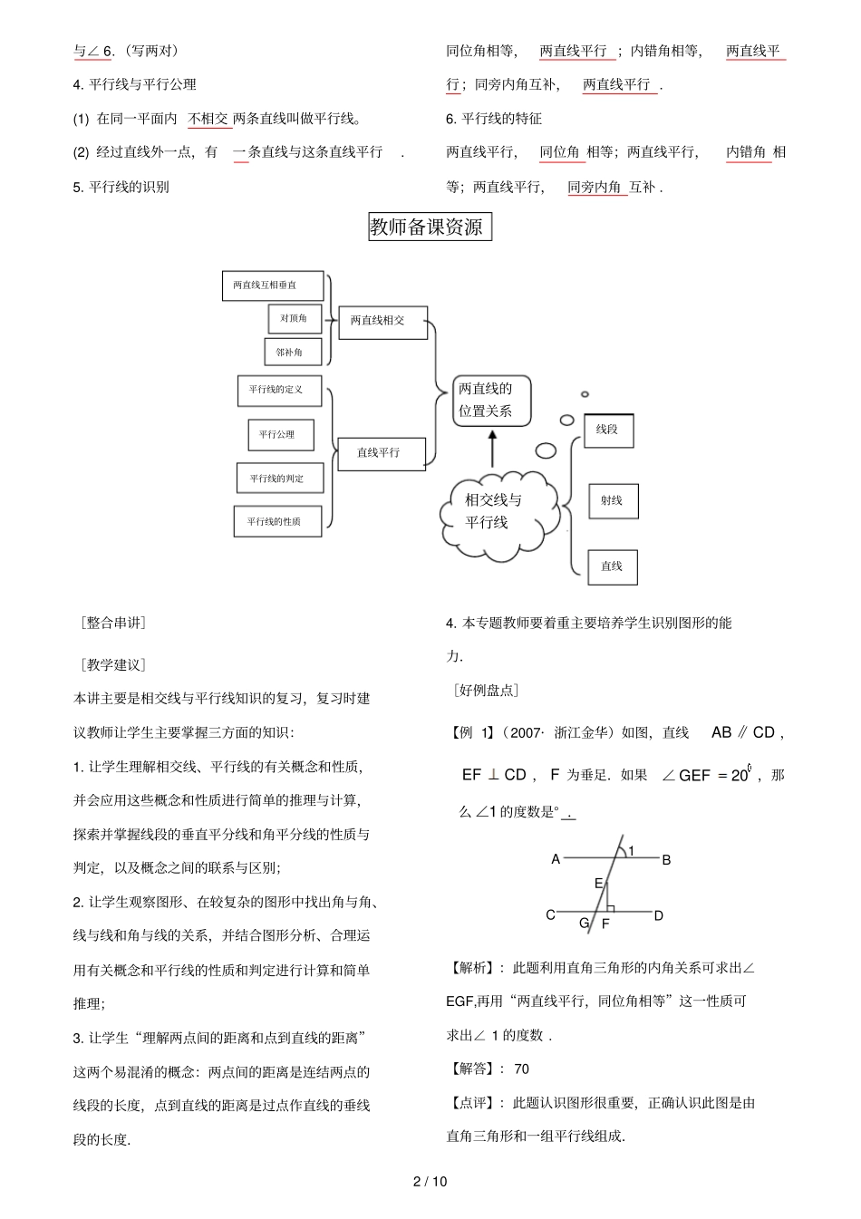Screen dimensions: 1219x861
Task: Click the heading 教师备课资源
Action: [x=429, y=227]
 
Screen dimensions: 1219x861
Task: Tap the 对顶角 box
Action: [x=295, y=319]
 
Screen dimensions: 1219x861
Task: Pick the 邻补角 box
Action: [x=289, y=353]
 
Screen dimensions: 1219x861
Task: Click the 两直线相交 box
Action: [x=382, y=321]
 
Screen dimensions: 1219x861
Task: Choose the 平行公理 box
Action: [x=281, y=435]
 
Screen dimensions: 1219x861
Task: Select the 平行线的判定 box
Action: [x=279, y=479]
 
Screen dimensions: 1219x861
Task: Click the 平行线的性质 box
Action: [x=277, y=522]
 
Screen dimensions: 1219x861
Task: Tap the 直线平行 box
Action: [x=381, y=453]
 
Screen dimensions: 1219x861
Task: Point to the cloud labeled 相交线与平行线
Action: [x=493, y=512]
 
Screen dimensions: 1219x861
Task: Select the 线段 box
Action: [x=608, y=431]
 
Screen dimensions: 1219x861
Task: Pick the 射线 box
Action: [x=613, y=501]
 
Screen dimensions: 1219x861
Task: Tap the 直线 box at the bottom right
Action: [x=613, y=566]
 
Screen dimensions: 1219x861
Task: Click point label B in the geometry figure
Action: [x=666, y=860]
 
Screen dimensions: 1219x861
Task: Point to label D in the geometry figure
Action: [x=659, y=915]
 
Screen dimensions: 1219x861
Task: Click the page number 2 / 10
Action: [x=430, y=1181]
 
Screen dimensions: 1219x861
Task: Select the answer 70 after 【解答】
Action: [x=521, y=1069]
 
